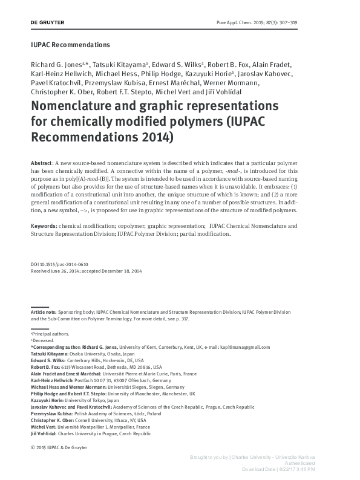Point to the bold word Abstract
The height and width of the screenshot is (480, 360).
pyautogui.click(x=41, y=164)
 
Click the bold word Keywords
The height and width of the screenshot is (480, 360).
pyautogui.click(x=44, y=225)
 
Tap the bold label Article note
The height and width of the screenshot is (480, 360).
pyautogui.click(x=45, y=311)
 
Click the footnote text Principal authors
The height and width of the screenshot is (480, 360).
pyautogui.click(x=52, y=334)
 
